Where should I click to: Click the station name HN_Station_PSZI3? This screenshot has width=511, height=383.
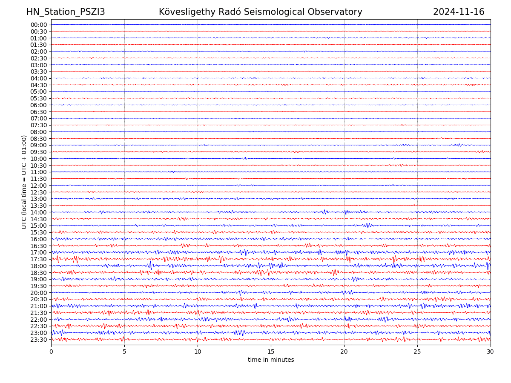coord(66,12)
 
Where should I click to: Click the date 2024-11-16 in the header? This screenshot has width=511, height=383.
coord(459,12)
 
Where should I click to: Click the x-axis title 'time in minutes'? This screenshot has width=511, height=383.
coord(271,360)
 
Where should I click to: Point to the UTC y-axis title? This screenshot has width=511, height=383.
coord(24,182)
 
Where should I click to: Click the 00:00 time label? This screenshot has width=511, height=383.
coord(39,25)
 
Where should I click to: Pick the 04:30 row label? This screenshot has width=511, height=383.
coord(39,85)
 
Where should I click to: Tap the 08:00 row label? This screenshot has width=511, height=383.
coord(39,132)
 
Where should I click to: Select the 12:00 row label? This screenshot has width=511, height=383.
coord(39,186)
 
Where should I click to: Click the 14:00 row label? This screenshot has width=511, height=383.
coord(39,212)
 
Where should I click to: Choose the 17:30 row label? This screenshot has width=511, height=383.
coord(39,259)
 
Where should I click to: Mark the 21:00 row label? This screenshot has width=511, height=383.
coord(39,306)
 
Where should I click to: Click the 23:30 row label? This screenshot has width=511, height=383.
coord(39,340)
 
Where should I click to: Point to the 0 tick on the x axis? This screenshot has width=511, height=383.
coord(51,352)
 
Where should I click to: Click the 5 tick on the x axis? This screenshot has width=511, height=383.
coord(124,352)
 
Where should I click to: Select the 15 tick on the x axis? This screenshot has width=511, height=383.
coord(271,352)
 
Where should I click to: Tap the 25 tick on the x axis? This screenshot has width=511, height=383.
coord(417,352)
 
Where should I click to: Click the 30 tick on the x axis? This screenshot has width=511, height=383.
coord(491,352)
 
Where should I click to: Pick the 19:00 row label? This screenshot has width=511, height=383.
coord(39,279)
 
